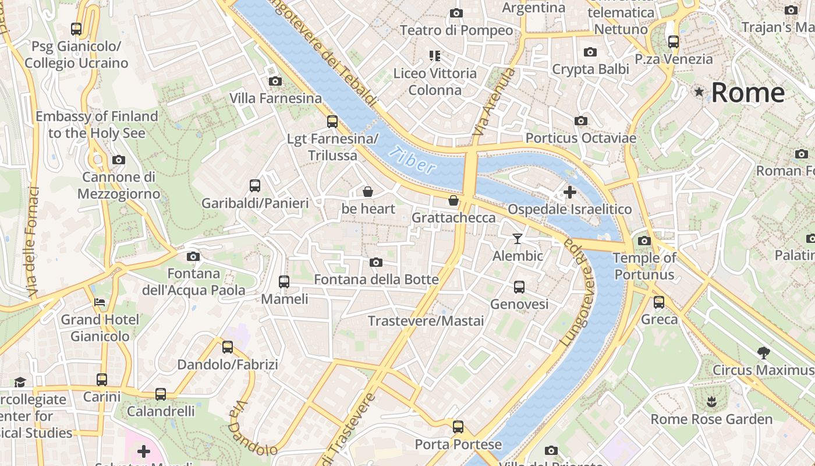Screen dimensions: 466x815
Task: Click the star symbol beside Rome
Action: (699, 92)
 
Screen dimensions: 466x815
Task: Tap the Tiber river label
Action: (413, 160)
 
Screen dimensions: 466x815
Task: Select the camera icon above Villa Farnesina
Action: (275, 81)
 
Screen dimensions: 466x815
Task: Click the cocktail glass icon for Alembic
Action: (517, 238)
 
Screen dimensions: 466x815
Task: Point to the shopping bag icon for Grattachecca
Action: (453, 200)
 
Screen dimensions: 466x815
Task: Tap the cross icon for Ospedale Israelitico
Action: (570, 192)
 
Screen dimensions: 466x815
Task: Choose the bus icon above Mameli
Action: (284, 281)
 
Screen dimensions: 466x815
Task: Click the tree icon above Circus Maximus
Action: (763, 352)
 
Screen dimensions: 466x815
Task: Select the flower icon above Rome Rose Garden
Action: (711, 401)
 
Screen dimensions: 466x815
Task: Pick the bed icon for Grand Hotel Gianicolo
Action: (100, 302)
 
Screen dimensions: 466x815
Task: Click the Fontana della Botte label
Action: (376, 280)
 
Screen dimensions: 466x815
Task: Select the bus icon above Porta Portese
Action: (458, 427)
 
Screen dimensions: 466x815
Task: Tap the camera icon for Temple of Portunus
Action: (644, 241)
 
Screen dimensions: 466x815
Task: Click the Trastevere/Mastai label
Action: (426, 321)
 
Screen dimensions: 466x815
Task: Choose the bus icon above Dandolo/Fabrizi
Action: (228, 347)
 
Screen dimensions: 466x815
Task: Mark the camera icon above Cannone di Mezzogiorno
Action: (118, 160)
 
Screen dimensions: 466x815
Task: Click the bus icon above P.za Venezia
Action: (674, 41)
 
